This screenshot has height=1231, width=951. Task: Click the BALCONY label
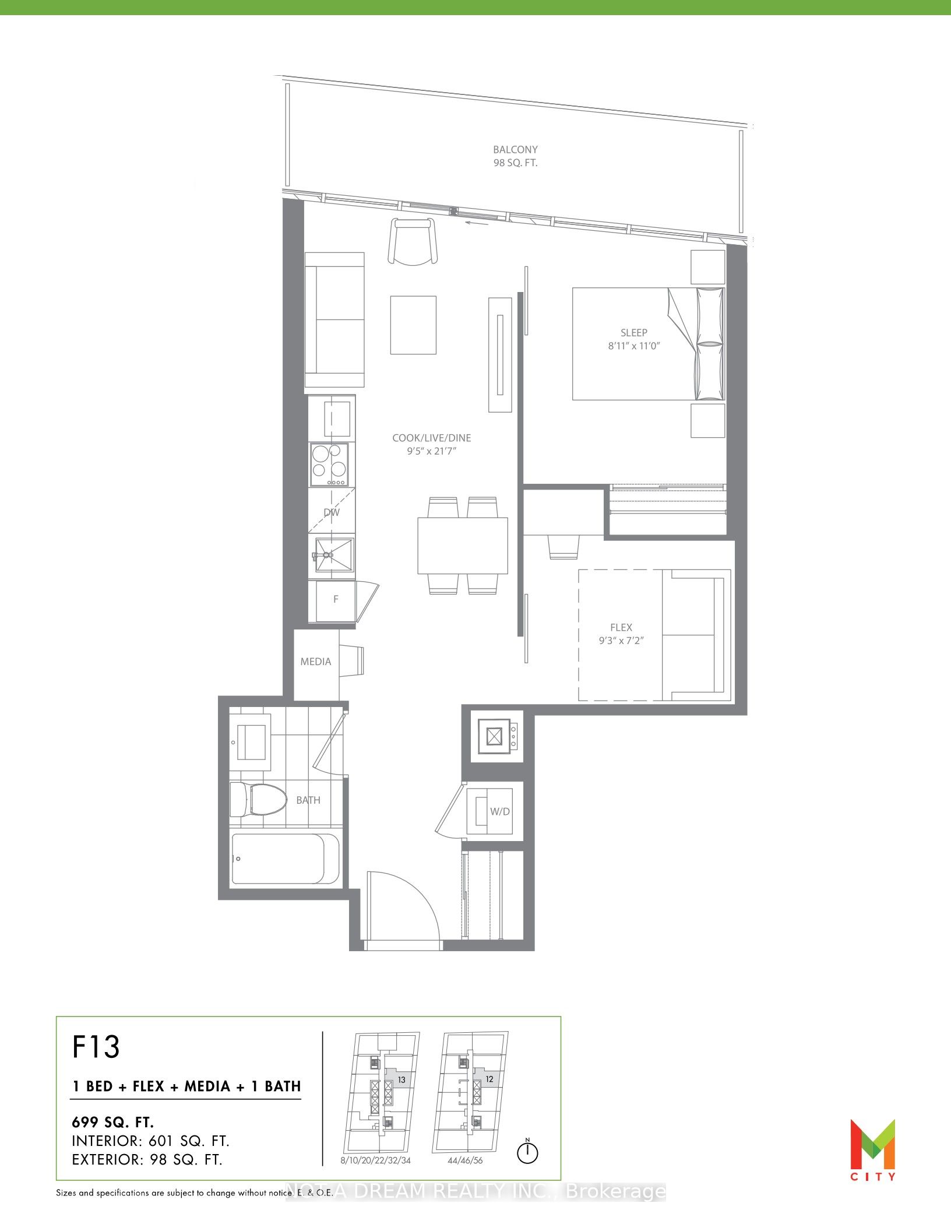515,150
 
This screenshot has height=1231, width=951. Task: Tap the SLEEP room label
634,333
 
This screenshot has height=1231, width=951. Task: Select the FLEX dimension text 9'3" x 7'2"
621,641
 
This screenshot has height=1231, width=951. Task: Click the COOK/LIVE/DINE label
432,438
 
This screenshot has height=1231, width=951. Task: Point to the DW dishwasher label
332,513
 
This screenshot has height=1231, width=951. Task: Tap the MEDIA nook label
316,662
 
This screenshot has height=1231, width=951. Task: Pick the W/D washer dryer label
500,811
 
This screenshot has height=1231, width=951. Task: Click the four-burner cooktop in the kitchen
329,465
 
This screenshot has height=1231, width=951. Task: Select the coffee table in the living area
413,325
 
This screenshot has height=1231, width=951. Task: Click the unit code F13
96,1047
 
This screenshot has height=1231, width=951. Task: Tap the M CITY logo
872,1149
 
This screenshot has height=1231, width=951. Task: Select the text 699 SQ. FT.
113,1122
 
